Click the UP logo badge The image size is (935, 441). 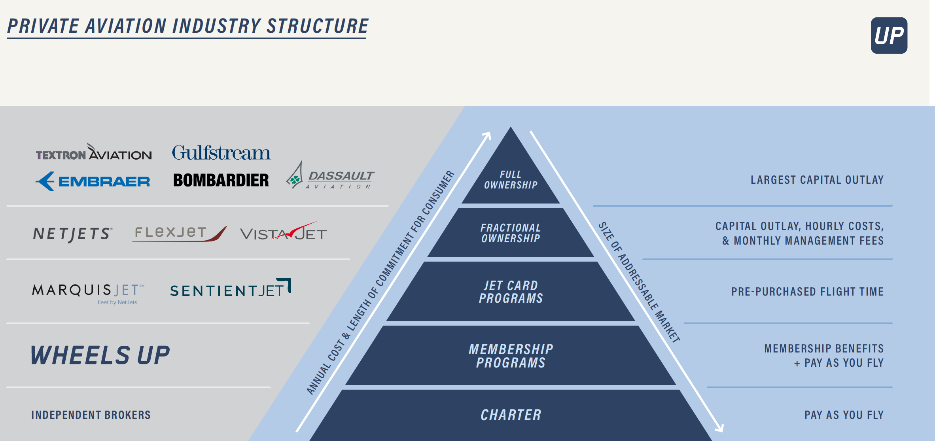889,36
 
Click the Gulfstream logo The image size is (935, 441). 221,153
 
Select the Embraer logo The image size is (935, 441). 93,181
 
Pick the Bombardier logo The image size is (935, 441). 221,180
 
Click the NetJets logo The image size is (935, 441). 73,234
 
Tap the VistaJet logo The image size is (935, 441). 284,233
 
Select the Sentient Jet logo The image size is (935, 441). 230,289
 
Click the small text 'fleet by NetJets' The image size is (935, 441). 117,303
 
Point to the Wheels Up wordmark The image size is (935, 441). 100,355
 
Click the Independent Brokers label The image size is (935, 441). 91,415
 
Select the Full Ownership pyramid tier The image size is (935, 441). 511,180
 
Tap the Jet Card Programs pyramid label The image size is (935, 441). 511,292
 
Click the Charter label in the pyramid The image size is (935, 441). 511,415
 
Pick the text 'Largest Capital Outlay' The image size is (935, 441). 817,180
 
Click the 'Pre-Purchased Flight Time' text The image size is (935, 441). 807,292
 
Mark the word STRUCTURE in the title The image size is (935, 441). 318,26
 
